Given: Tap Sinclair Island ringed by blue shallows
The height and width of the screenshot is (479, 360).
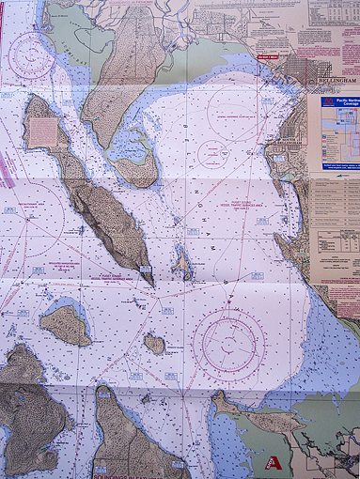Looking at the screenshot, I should [x=65, y=324].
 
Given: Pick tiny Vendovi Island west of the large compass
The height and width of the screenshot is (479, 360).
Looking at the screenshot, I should [x=154, y=344].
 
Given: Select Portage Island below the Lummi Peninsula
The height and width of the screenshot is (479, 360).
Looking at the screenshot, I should [x=137, y=171].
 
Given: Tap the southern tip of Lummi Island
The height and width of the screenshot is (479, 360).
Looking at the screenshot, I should [x=148, y=274].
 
